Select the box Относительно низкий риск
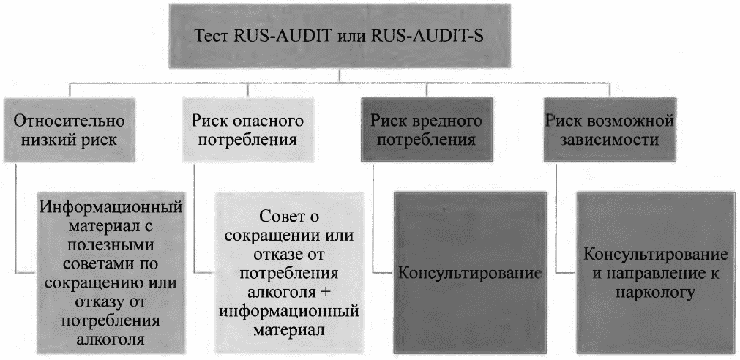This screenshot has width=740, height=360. coord(70,130)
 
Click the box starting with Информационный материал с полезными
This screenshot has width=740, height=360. coord(110,268)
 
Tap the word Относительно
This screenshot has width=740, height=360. coord(70,121)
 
